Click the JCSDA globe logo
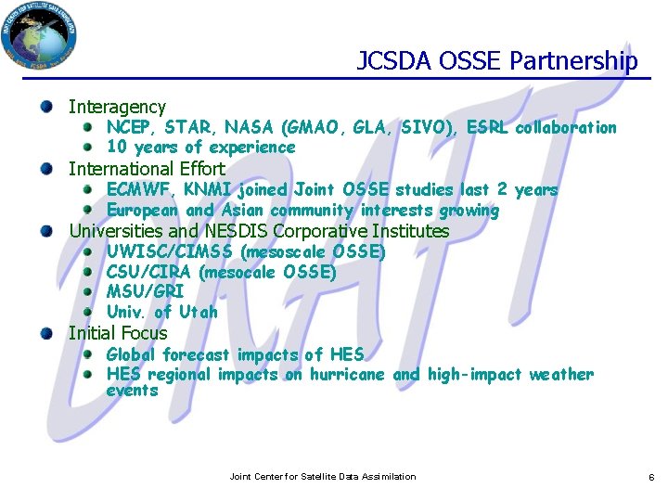click(39, 34)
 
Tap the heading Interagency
click(117, 108)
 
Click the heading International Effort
click(147, 169)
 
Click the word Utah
click(198, 312)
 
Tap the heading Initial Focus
click(118, 333)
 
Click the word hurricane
click(348, 375)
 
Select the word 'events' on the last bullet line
click(132, 391)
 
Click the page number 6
click(651, 477)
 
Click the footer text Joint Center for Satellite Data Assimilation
click(323, 477)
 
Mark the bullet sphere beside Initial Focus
click(46, 333)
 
